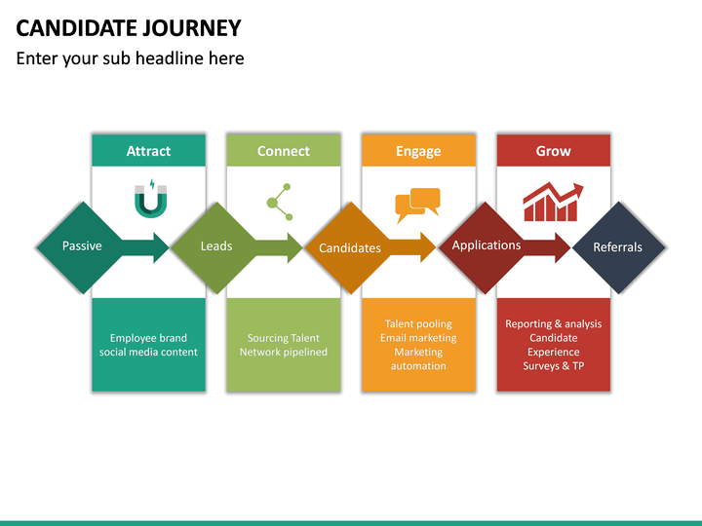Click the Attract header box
(x=148, y=151)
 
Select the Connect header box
(x=284, y=151)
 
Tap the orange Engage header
(x=418, y=151)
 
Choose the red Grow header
(x=554, y=151)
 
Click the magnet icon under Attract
(x=149, y=199)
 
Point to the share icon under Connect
(x=280, y=202)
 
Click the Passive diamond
(x=82, y=246)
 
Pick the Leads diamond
(x=216, y=246)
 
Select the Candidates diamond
(x=350, y=247)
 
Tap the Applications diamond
(x=487, y=245)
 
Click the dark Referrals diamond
(x=618, y=247)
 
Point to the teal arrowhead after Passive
(x=158, y=247)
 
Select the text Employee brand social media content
(x=148, y=345)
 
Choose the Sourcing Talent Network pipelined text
(x=284, y=345)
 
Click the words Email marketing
(x=418, y=338)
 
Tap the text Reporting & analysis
(x=553, y=324)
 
